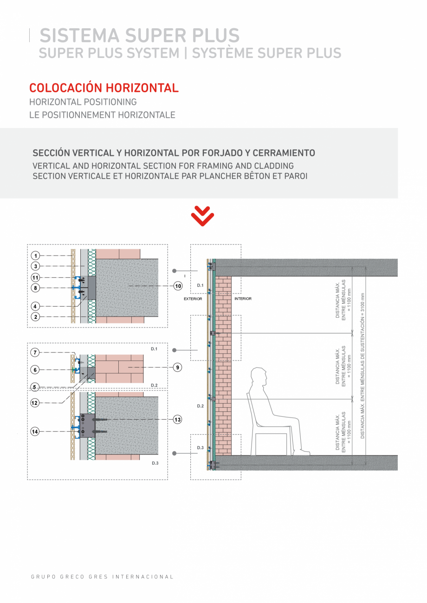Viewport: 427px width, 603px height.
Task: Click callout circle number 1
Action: pyautogui.click(x=35, y=255)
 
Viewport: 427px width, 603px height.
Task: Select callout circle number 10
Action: pyautogui.click(x=178, y=286)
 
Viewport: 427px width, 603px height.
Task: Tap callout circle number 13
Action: pyautogui.click(x=177, y=419)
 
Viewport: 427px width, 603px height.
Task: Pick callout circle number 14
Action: pyautogui.click(x=35, y=431)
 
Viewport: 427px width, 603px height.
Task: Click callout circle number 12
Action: pyautogui.click(x=35, y=403)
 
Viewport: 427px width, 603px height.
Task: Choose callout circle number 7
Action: pyautogui.click(x=35, y=353)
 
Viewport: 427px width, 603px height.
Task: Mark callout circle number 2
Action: pyautogui.click(x=35, y=317)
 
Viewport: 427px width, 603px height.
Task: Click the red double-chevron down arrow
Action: pyautogui.click(x=203, y=216)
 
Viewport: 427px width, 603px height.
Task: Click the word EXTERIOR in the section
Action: pyautogui.click(x=193, y=299)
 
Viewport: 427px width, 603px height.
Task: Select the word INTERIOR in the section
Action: pyautogui.click(x=243, y=299)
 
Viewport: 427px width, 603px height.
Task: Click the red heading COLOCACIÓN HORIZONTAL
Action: pyautogui.click(x=104, y=88)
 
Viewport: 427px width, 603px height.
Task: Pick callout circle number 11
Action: pyautogui.click(x=35, y=277)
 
